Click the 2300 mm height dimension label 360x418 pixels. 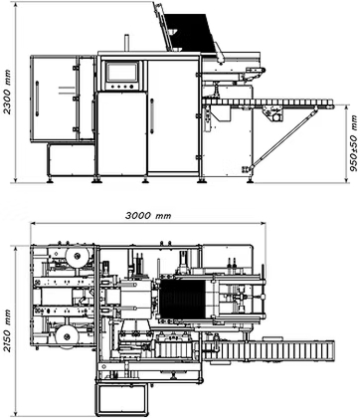click(8, 92)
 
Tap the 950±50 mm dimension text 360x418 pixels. click(354, 143)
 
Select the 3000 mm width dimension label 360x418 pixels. click(148, 216)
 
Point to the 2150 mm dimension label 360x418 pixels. click(7, 330)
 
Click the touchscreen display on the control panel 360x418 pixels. click(121, 72)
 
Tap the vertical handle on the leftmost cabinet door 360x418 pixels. click(37, 99)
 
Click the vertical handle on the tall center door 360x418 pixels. click(152, 116)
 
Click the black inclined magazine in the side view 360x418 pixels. click(190, 33)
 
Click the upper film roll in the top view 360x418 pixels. click(77, 256)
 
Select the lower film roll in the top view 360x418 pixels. click(68, 337)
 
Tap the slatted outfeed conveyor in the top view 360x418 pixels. click(268, 350)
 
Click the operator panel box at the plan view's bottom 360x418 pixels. click(121, 399)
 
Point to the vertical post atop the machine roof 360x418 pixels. click(126, 43)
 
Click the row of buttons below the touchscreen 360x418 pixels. click(121, 87)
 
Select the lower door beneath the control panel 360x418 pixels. click(121, 133)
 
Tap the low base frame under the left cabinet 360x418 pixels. click(71, 160)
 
